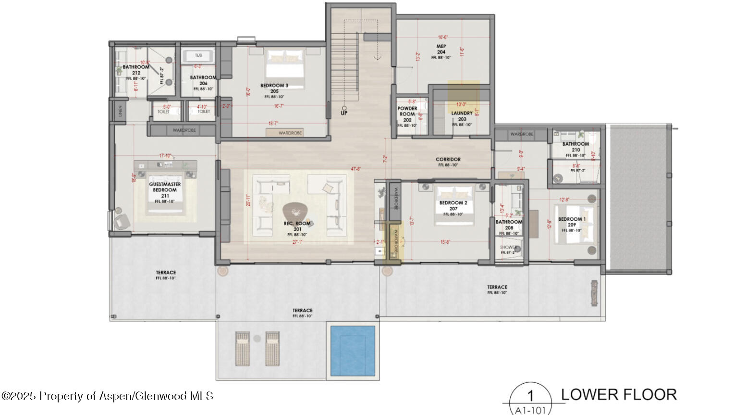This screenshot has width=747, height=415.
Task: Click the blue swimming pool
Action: point(353,351)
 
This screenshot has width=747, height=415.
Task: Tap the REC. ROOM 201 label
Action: point(297,226)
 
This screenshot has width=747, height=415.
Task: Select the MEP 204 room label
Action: point(441,49)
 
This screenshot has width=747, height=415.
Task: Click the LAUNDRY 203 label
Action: point(462,116)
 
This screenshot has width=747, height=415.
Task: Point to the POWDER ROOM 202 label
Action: point(407,114)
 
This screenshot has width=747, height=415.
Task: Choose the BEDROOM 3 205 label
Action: point(274,88)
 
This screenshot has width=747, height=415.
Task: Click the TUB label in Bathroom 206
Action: point(198,55)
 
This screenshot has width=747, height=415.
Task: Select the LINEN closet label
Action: point(120,112)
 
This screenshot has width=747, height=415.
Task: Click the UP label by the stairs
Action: point(344,113)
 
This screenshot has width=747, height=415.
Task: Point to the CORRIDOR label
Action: point(448,160)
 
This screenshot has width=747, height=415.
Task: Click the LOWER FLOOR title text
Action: point(619,394)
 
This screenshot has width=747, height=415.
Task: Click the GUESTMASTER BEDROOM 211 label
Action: point(165,190)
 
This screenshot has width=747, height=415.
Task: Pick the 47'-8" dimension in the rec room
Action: point(356,169)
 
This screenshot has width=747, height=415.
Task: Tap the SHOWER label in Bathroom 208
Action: point(508,248)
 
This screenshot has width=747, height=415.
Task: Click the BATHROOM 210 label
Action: point(576,147)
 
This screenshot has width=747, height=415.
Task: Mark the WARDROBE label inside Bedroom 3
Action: point(290,133)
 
